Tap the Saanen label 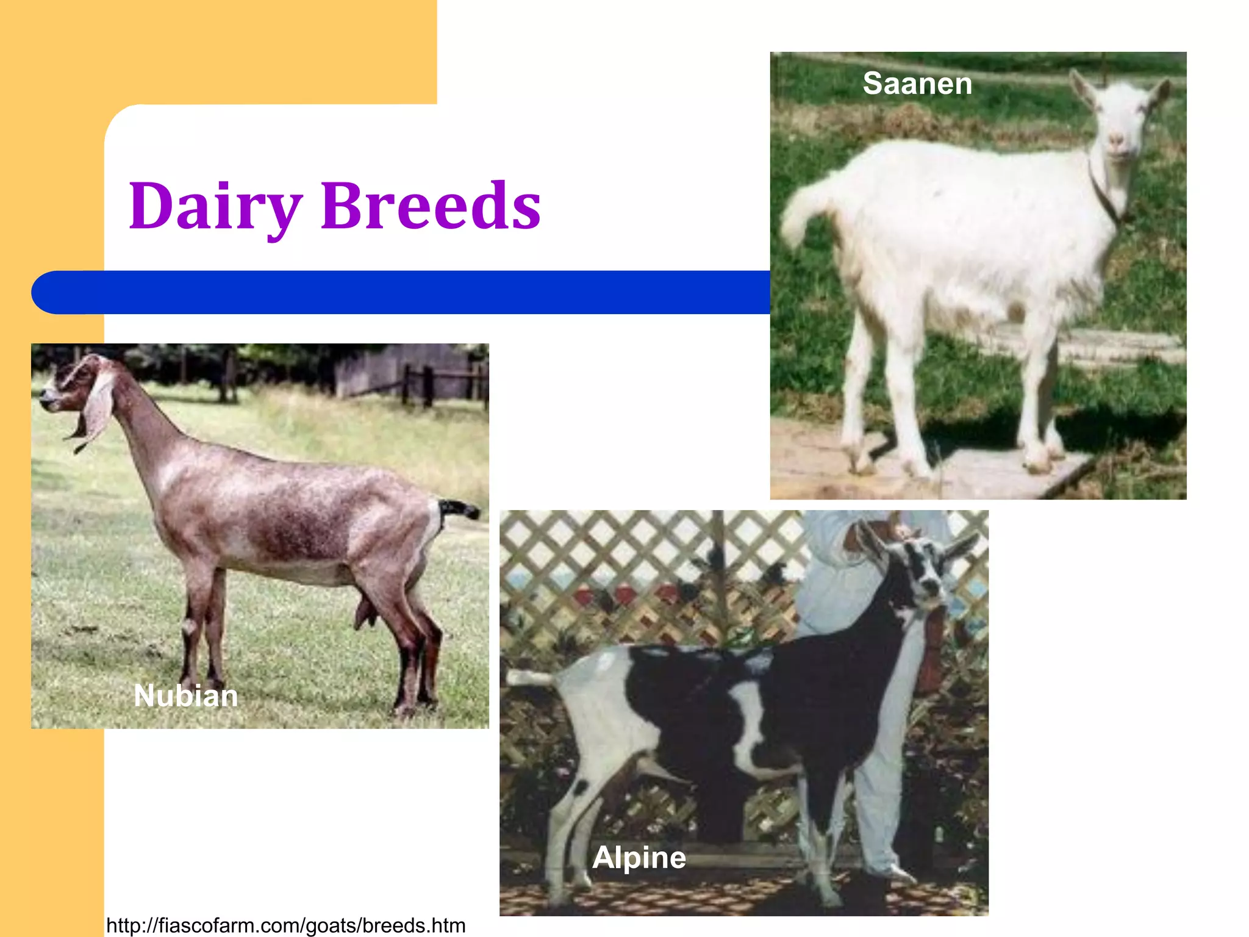[x=917, y=83]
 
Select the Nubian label [x=185, y=695]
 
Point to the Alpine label [x=639, y=857]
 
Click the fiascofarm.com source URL [x=285, y=925]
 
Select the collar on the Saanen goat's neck [x=1104, y=189]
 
